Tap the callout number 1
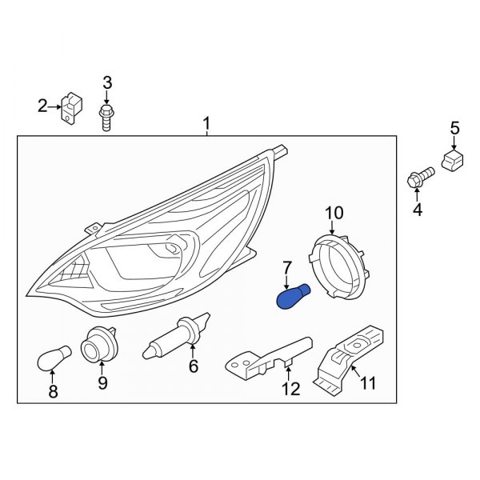pos(206,124)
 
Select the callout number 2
pos(42,105)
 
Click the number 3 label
pos(107,82)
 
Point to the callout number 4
pos(416,210)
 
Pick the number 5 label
pos(454,127)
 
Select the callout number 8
pos(53,391)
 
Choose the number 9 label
pos(102,383)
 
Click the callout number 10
pos(334,212)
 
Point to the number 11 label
pos(367,383)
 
